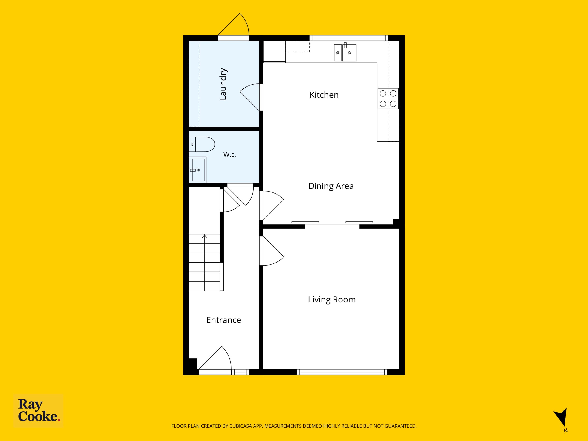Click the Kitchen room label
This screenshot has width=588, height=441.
324,95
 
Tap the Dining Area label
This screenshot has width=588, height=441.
331,186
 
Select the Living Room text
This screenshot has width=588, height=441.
332,300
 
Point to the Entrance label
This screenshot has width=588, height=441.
223,320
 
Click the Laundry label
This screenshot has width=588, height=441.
223,84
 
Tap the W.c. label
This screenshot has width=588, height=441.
230,154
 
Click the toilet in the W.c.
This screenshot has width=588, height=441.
202,144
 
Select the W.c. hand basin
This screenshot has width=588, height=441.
198,170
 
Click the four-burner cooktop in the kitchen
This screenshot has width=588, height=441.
388,99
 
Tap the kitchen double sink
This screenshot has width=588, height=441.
345,52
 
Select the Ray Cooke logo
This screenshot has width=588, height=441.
39,411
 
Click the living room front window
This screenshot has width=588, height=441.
342,372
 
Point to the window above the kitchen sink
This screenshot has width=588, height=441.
349,38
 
